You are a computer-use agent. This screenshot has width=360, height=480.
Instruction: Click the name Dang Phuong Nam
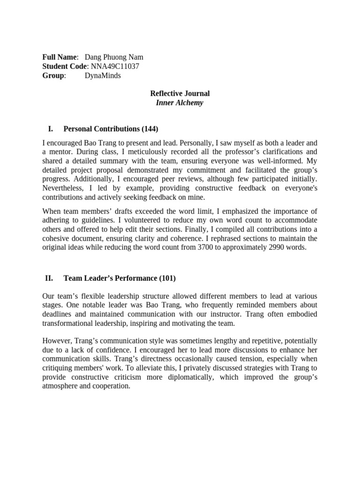pyautogui.click(x=114, y=57)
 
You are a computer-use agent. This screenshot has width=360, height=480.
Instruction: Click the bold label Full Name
pyautogui.click(x=60, y=57)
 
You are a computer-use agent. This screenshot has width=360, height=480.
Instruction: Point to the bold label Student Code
pyautogui.click(x=65, y=66)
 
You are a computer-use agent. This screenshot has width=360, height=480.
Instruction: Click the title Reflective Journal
pyautogui.click(x=180, y=93)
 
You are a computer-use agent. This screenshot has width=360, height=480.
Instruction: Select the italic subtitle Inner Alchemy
pyautogui.click(x=180, y=102)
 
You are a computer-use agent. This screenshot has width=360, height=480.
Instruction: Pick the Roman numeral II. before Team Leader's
pyautogui.click(x=49, y=278)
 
